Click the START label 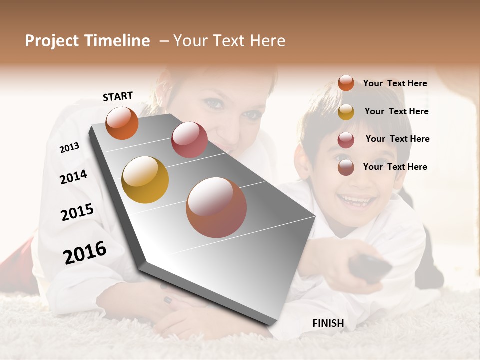118,96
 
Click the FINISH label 328,323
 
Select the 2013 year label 69,147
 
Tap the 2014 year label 73,177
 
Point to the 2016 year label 85,252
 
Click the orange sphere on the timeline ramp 122,123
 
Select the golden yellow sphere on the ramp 145,180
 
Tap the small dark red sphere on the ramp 189,140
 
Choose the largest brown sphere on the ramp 216,207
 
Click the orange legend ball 346,83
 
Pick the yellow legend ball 346,112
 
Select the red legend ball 346,140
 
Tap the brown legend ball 346,167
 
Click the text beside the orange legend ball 395,83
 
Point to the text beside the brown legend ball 395,167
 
